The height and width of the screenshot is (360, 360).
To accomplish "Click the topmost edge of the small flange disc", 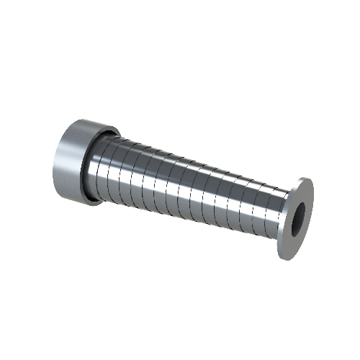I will [305, 178].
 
